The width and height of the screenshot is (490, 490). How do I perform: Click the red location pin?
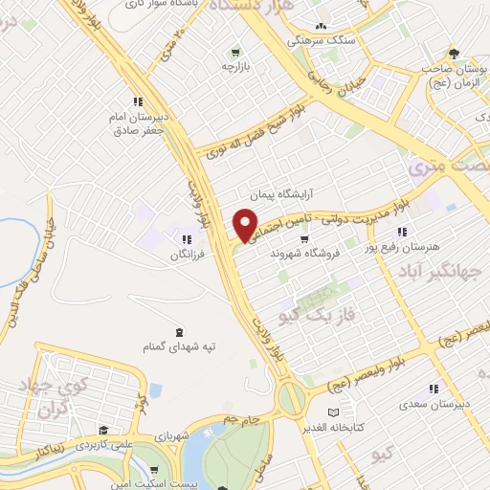click(246, 224)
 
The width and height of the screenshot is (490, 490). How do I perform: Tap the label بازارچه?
click(234, 67)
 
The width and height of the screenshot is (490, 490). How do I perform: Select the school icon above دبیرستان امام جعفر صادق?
click(138, 100)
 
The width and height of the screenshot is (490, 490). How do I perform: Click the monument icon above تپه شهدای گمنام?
click(179, 327)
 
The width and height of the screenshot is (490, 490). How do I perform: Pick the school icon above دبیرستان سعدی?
click(434, 388)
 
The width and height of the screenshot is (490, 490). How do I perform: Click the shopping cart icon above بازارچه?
click(234, 51)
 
